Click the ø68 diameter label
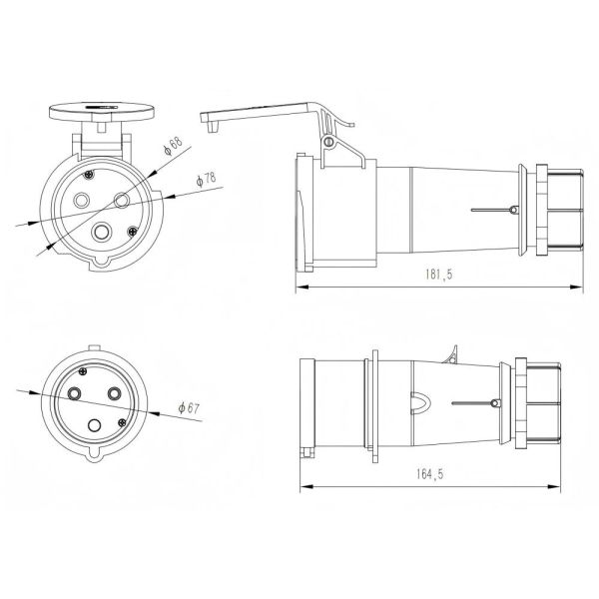point(175,145)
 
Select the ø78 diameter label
point(207,180)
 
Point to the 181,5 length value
point(430,275)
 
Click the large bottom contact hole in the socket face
point(103,232)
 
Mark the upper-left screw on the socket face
point(89,176)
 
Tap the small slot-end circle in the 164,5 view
point(494,403)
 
